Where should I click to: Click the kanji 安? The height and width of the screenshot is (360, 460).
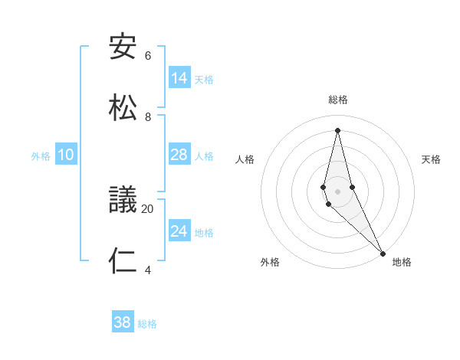[x=123, y=47]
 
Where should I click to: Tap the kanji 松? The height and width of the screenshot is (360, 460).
[x=123, y=108]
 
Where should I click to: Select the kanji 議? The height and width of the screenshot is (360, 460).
[x=123, y=201]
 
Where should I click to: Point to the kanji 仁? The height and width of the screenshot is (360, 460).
[x=123, y=261]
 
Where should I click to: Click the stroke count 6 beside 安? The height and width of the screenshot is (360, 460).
[x=148, y=56]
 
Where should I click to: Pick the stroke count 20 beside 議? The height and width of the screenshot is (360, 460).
[x=148, y=208]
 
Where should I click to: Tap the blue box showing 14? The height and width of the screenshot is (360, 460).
[x=179, y=78]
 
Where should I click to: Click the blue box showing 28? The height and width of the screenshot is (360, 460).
[x=179, y=155]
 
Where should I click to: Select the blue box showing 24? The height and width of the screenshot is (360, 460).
[x=179, y=231]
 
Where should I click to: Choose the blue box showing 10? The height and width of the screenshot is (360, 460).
[x=66, y=155]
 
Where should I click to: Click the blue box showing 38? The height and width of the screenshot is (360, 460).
[x=123, y=323]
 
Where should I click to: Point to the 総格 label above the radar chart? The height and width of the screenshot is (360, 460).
[x=338, y=100]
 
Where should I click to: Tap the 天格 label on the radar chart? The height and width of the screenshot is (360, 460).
[x=431, y=159]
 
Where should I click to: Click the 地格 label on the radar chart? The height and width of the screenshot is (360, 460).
[x=402, y=263]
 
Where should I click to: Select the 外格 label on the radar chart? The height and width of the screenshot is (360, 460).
[x=270, y=263]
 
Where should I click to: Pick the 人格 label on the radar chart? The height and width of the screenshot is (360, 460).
[x=245, y=159]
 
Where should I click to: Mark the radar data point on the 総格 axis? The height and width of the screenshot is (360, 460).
[x=337, y=129]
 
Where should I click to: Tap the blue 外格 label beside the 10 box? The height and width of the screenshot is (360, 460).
[x=41, y=156]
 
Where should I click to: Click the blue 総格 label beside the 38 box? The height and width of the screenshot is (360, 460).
[x=147, y=324]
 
